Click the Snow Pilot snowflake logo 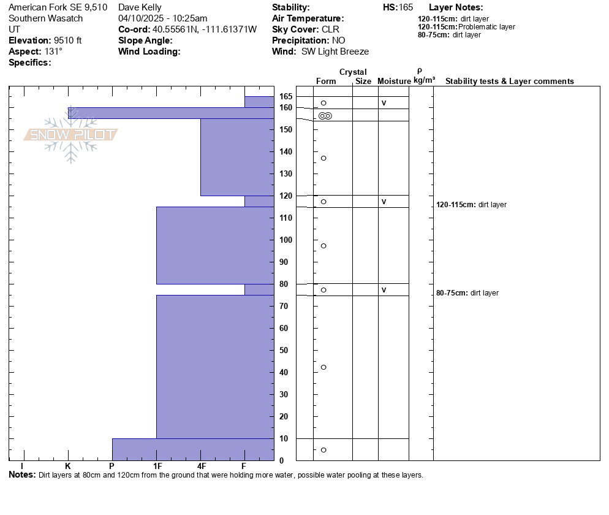pyautogui.click(x=70, y=134)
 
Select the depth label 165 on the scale pyautogui.click(x=286, y=96)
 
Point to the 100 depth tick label pyautogui.click(x=286, y=240)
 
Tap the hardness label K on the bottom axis pyautogui.click(x=68, y=466)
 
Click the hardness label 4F pyautogui.click(x=201, y=466)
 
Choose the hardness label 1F pyautogui.click(x=157, y=466)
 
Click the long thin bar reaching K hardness pyautogui.click(x=172, y=113)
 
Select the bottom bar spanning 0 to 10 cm pyautogui.click(x=194, y=449)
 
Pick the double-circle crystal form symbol pyautogui.click(x=325, y=116)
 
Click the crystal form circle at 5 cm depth pyautogui.click(x=323, y=450)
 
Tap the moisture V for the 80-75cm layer pyautogui.click(x=384, y=290)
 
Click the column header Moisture pyautogui.click(x=394, y=81)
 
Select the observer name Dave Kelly pyautogui.click(x=140, y=7)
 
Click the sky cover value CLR pyautogui.click(x=330, y=29)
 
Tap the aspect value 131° pyautogui.click(x=53, y=51)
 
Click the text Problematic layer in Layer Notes pyautogui.click(x=486, y=27)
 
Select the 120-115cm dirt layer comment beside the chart pyautogui.click(x=471, y=205)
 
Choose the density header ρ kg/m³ pyautogui.click(x=424, y=76)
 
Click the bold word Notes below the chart pyautogui.click(x=22, y=475)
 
